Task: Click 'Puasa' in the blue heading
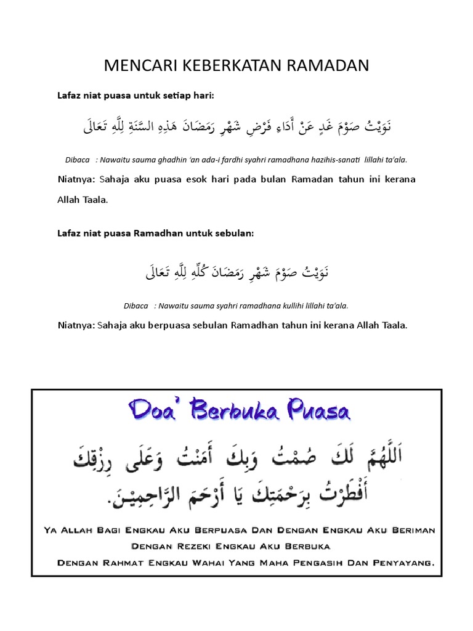[315, 411]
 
